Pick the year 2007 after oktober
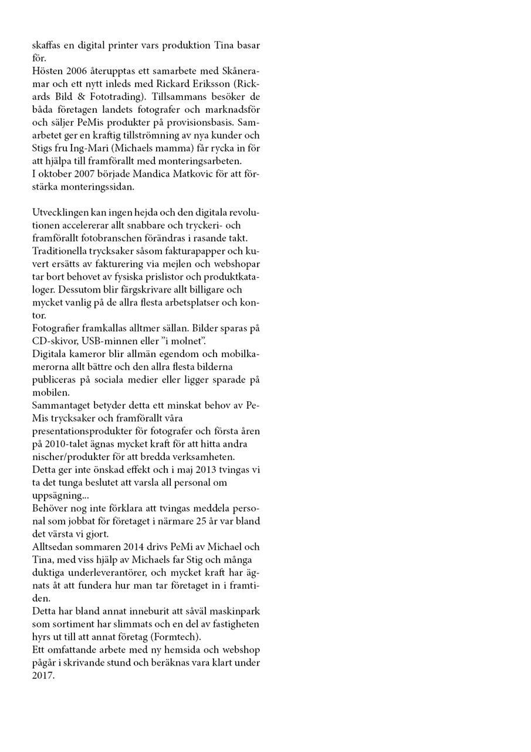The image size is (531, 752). (x=87, y=174)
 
